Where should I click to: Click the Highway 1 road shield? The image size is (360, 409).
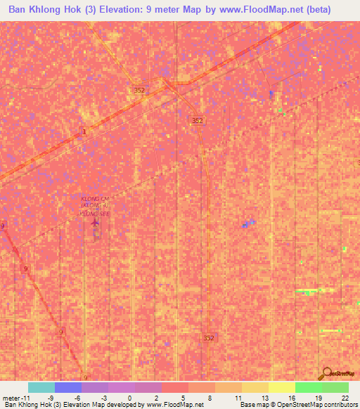tap(84, 131)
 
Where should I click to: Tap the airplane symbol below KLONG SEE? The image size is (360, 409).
tap(96, 223)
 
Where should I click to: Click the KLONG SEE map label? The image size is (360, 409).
tap(95, 212)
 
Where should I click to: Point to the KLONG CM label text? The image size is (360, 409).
tap(95, 200)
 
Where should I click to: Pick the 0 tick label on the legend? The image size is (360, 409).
tap(130, 397)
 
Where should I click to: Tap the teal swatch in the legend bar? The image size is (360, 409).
tap(41, 387)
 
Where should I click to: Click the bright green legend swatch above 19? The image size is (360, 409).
tap(308, 387)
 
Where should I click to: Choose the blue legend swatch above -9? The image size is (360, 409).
tap(68, 387)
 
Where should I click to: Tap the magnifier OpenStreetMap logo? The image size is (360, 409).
tap(326, 373)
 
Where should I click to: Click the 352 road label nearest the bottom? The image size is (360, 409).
tap(209, 338)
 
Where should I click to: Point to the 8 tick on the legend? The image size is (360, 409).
tap(210, 397)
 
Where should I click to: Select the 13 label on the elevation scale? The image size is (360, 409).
tap(264, 397)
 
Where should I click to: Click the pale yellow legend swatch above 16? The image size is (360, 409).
tap(281, 387)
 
